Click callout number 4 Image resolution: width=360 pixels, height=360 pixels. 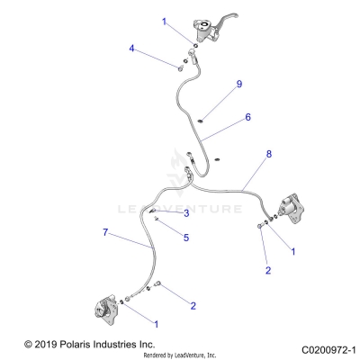131,49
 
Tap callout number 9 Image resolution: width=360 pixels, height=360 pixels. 239,85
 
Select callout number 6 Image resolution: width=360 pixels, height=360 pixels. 247,117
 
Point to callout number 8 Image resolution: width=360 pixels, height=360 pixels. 267,181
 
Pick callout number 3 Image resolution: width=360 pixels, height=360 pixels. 184,214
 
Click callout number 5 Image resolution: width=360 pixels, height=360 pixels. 185,238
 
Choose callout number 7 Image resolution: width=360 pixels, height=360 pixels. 105,234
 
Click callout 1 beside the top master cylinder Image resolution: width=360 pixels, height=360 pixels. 164,19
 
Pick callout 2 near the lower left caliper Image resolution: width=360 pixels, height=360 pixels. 192,306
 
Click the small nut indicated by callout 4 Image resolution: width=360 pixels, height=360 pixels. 179,65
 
